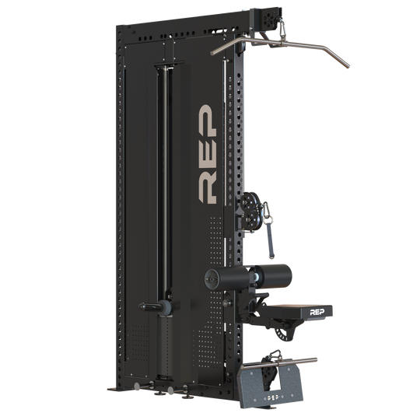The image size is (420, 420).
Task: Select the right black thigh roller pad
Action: (x=269, y=275)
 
